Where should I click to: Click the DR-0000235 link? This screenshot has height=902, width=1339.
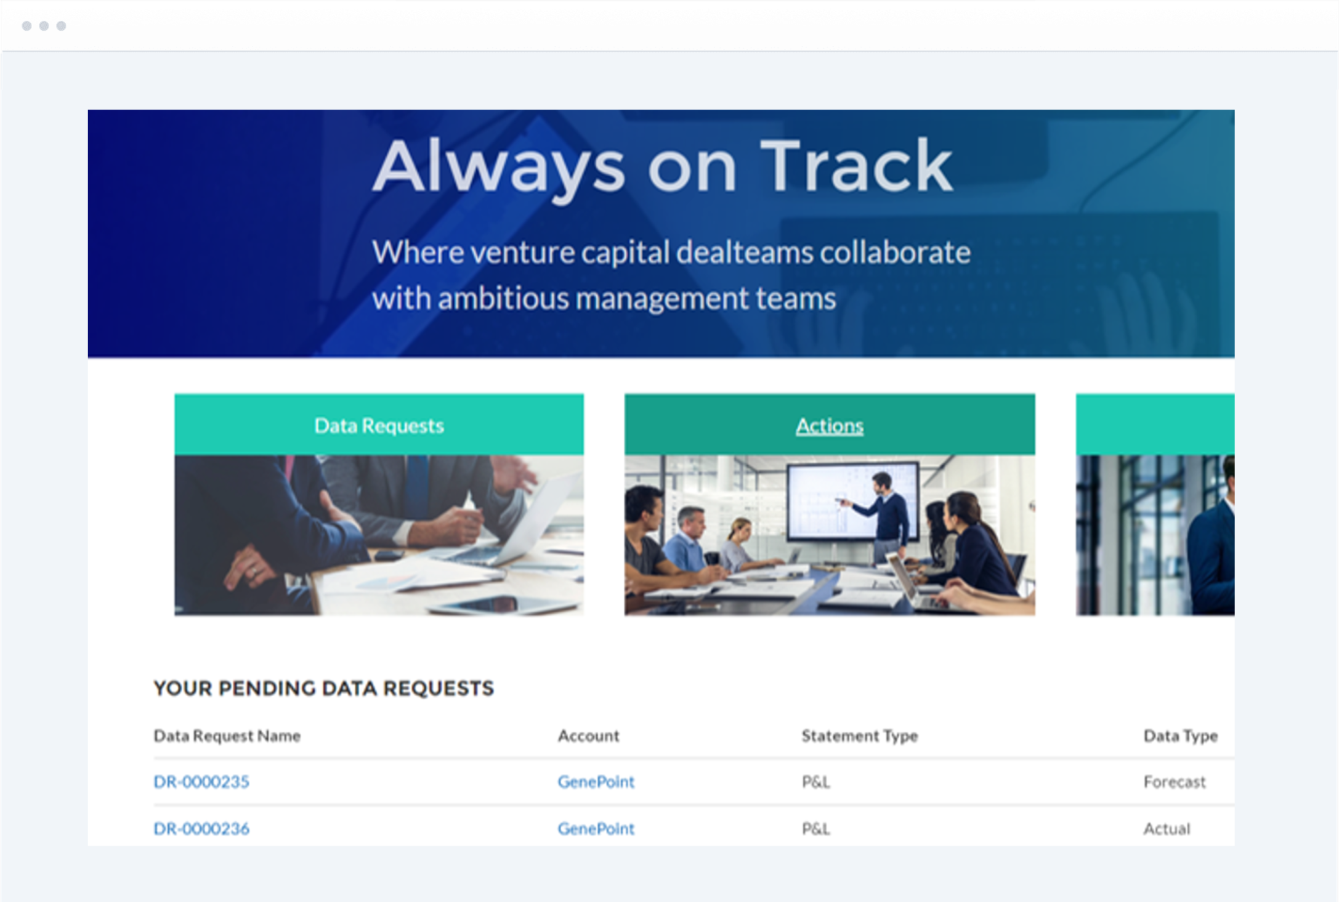[201, 781]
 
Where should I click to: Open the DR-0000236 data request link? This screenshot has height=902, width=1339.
[201, 828]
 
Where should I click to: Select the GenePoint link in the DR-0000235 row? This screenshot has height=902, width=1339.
[596, 781]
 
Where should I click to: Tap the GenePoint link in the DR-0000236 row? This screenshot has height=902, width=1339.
[596, 828]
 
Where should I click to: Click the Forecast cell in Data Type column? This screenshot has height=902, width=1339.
[1175, 781]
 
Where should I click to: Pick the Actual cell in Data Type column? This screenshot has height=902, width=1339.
[1167, 828]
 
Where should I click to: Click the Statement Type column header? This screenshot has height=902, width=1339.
[860, 736]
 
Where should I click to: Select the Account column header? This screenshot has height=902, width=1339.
[588, 736]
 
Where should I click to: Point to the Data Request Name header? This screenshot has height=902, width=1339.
[227, 736]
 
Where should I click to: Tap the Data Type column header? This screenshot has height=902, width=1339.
[1181, 736]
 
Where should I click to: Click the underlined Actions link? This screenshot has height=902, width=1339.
[830, 425]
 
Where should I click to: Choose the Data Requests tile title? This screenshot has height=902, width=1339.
[379, 425]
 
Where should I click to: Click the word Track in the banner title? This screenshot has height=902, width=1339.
[857, 165]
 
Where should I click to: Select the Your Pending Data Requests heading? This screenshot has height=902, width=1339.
[324, 688]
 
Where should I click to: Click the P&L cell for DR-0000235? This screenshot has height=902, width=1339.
[816, 781]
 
